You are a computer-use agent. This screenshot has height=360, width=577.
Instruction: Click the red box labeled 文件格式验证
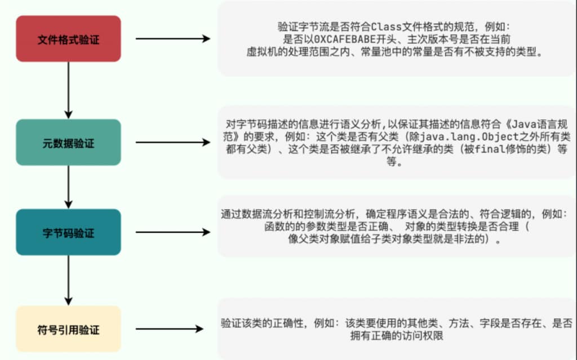[68, 39]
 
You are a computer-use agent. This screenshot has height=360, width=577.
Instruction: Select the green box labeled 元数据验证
[68, 143]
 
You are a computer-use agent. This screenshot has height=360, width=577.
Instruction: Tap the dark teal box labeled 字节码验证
[68, 232]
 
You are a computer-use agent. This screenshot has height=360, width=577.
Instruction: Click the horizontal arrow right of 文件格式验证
[172, 39]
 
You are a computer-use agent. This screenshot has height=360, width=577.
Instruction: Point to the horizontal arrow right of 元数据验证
[172, 143]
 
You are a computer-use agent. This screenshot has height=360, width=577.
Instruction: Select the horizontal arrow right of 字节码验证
[172, 232]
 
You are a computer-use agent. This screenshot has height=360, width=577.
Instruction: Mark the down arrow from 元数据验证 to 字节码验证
[68, 186]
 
